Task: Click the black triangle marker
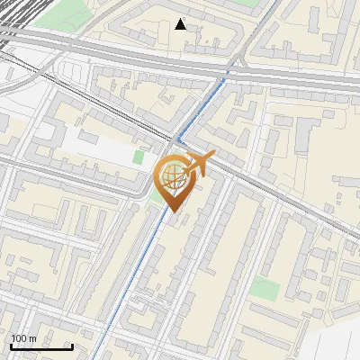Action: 181,23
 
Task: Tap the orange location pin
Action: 175,180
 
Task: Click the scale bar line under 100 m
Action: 41,346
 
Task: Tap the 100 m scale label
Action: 23,337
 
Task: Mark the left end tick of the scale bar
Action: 11,346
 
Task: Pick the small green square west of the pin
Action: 138,157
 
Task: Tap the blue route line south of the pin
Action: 144,270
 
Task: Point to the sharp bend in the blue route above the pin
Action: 179,139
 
